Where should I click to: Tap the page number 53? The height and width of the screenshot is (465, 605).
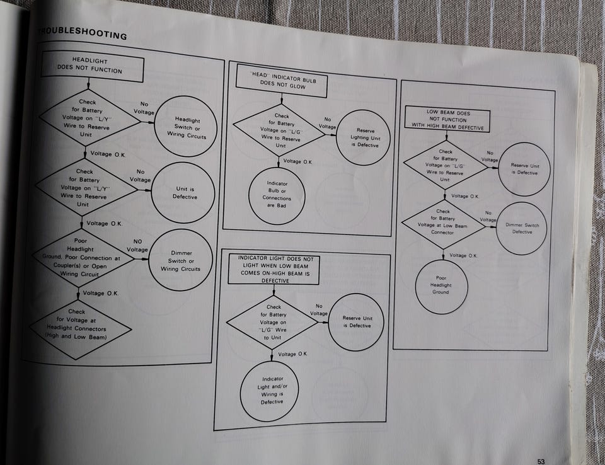[541, 461]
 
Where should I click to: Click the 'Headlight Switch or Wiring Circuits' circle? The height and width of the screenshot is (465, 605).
[186, 126]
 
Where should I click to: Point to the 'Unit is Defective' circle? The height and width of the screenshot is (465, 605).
[183, 192]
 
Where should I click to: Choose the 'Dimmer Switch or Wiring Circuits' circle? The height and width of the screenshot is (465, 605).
[181, 260]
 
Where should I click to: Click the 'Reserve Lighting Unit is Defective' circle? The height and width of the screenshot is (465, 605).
[364, 137]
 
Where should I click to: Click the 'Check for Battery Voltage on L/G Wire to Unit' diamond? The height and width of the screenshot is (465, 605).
[273, 322]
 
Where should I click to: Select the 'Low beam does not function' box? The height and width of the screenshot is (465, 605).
[447, 120]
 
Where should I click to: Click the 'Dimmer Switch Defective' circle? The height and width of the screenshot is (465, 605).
[522, 228]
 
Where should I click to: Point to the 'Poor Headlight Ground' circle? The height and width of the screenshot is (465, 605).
[441, 286]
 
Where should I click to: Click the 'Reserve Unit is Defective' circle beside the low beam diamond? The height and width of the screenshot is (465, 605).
[524, 169]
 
